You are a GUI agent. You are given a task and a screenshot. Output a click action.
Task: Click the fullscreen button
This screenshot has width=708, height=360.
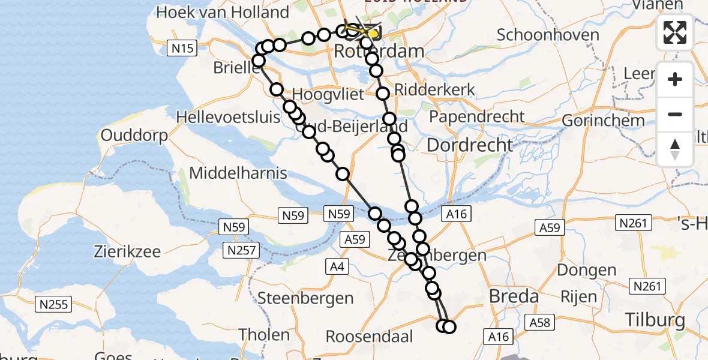675,32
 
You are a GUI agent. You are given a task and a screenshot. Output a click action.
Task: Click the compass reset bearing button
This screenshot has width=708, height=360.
675,149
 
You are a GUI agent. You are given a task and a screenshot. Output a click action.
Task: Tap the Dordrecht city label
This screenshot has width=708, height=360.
470,145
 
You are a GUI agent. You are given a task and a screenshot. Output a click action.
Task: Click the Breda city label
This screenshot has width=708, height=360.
514,296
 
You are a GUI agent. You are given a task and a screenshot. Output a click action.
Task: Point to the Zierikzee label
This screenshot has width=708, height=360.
127,251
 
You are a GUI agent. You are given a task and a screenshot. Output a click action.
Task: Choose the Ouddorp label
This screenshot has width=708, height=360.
134,136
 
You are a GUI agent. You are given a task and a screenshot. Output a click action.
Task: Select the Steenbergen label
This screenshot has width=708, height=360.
305,298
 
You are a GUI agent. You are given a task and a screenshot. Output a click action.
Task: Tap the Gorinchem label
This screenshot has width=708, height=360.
603,120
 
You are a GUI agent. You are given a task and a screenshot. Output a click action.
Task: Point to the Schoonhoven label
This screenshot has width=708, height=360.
548,35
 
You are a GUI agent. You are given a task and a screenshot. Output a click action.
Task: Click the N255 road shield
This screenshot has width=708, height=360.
54,304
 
